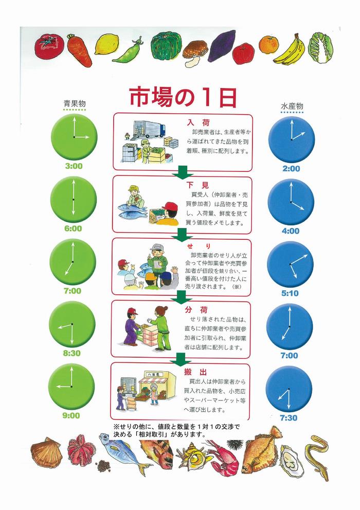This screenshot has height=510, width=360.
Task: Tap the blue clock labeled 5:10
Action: pyautogui.click(x=291, y=264)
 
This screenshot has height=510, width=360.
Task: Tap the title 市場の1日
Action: pyautogui.click(x=182, y=96)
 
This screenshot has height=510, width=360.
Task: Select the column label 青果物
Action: pyautogui.click(x=74, y=103)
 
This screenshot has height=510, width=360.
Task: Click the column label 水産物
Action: pyautogui.click(x=292, y=106)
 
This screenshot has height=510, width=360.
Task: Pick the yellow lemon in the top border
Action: pyautogui.click(x=106, y=44)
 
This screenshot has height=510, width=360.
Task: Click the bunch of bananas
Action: pyautogui.click(x=290, y=50)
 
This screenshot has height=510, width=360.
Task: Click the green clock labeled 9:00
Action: pyautogui.click(x=71, y=386)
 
